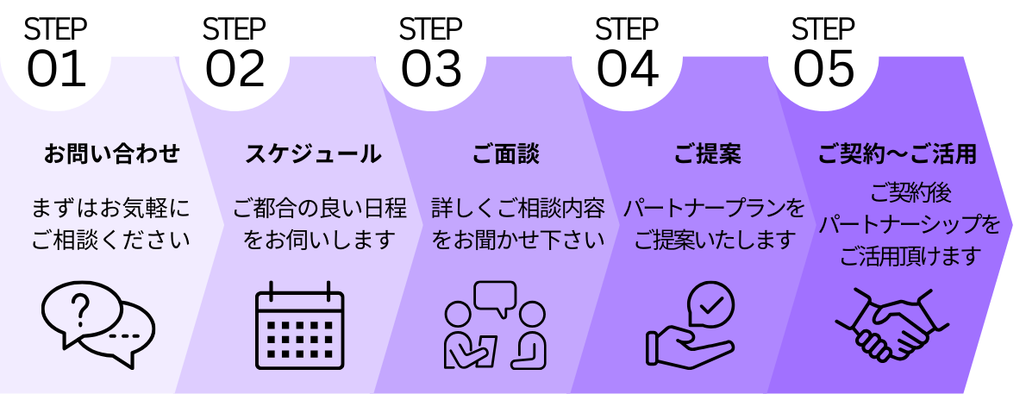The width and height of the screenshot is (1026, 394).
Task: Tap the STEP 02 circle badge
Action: point(235,54)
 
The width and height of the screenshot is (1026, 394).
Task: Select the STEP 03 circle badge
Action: point(432,54)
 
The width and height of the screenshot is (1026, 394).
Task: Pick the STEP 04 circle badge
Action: point(628,54)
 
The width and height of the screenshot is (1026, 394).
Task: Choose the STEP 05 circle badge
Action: point(824,54)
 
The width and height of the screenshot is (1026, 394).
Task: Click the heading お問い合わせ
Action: point(112,154)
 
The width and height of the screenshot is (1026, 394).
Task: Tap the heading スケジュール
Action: point(313,154)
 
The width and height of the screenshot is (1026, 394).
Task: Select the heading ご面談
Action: point(506,154)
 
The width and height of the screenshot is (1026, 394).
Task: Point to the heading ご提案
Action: point(707,154)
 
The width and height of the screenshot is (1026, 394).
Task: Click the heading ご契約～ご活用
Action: point(897,154)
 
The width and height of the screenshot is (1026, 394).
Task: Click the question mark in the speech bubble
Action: point(80,309)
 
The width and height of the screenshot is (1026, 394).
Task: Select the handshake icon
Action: point(892,323)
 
